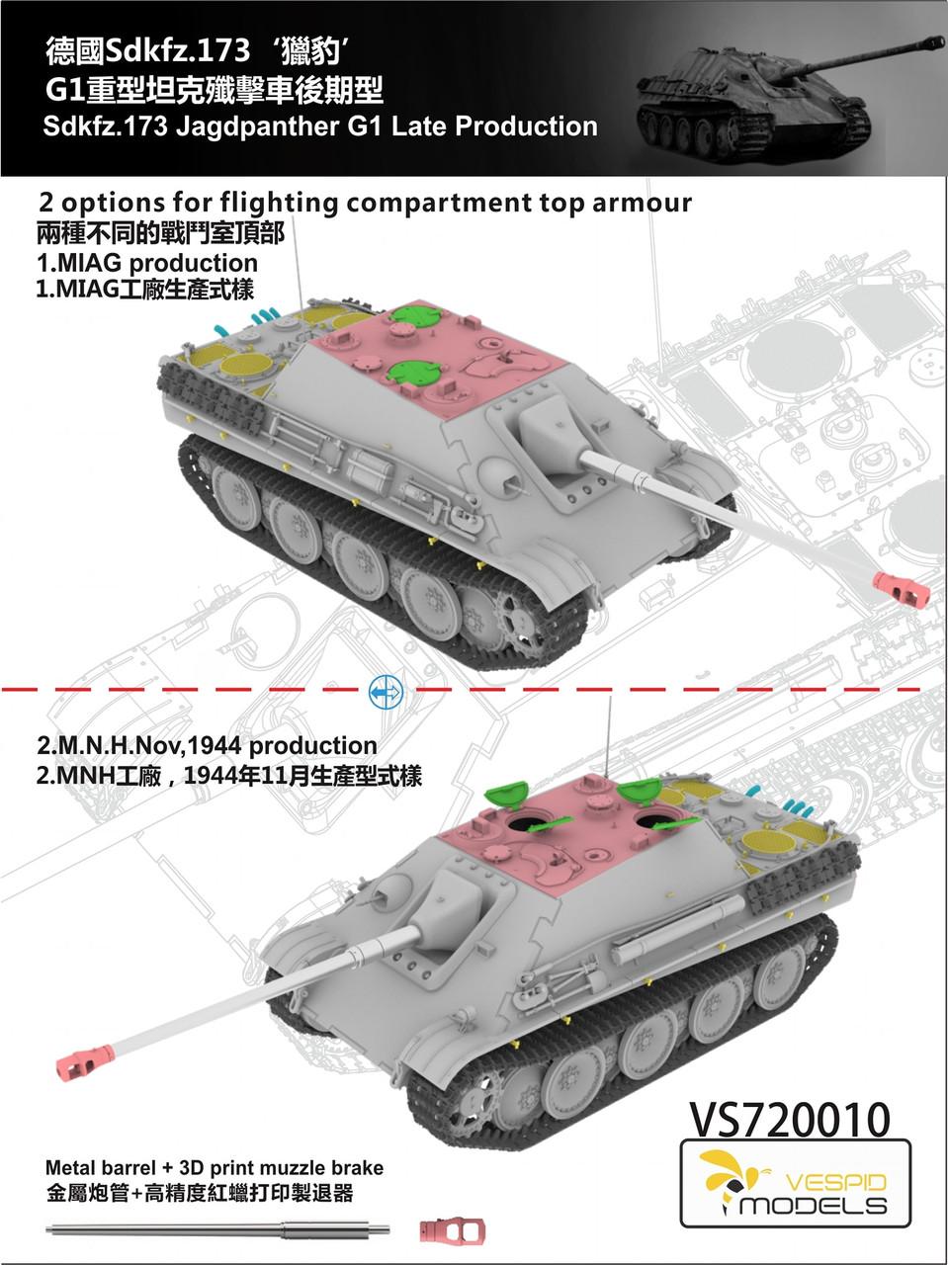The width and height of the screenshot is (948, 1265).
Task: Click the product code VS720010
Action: coord(785,1120)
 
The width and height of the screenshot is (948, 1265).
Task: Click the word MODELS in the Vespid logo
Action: coord(814,1205)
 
